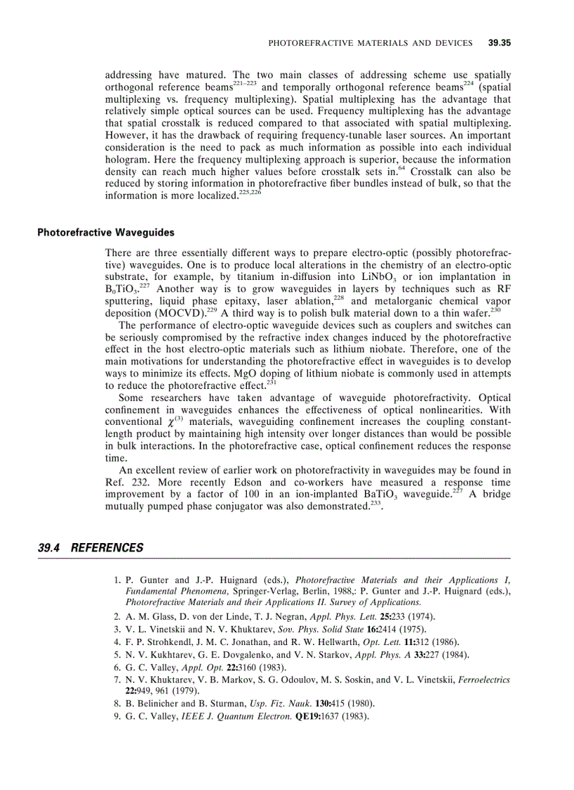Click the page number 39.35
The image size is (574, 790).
(x=499, y=44)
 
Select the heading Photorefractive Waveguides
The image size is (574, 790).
(x=106, y=232)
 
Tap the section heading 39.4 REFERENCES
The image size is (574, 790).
(x=91, y=548)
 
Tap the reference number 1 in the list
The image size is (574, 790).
(x=116, y=580)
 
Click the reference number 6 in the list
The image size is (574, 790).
(x=116, y=667)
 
